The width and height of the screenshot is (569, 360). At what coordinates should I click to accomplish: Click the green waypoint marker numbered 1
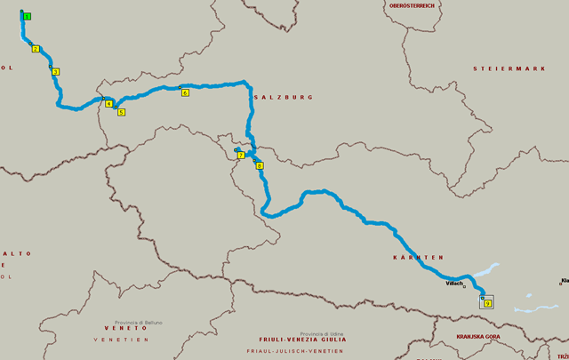pyautogui.click(x=28, y=17)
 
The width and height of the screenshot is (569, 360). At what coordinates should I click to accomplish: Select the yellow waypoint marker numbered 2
pyautogui.click(x=36, y=49)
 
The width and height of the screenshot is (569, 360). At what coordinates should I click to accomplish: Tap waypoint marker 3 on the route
pyautogui.click(x=55, y=72)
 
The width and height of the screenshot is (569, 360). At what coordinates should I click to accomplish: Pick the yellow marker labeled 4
pyautogui.click(x=108, y=104)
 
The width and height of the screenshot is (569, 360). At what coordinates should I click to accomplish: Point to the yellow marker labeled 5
pyautogui.click(x=121, y=112)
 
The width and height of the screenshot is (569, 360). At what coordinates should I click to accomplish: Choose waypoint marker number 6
pyautogui.click(x=185, y=92)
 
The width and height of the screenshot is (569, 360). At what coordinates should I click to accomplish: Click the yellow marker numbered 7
pyautogui.click(x=241, y=156)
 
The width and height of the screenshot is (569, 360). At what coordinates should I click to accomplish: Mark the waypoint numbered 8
pyautogui.click(x=260, y=165)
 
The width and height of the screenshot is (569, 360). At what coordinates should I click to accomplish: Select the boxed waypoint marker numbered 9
pyautogui.click(x=487, y=303)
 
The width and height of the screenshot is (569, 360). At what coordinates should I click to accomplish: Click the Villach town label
pyautogui.click(x=454, y=283)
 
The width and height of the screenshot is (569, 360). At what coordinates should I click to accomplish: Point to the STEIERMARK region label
pyautogui.click(x=508, y=68)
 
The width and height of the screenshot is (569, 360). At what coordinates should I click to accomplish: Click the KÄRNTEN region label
pyautogui.click(x=417, y=257)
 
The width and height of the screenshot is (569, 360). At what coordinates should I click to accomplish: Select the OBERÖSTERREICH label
pyautogui.click(x=411, y=5)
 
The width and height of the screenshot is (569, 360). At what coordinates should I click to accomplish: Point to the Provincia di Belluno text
pyautogui.click(x=138, y=322)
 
